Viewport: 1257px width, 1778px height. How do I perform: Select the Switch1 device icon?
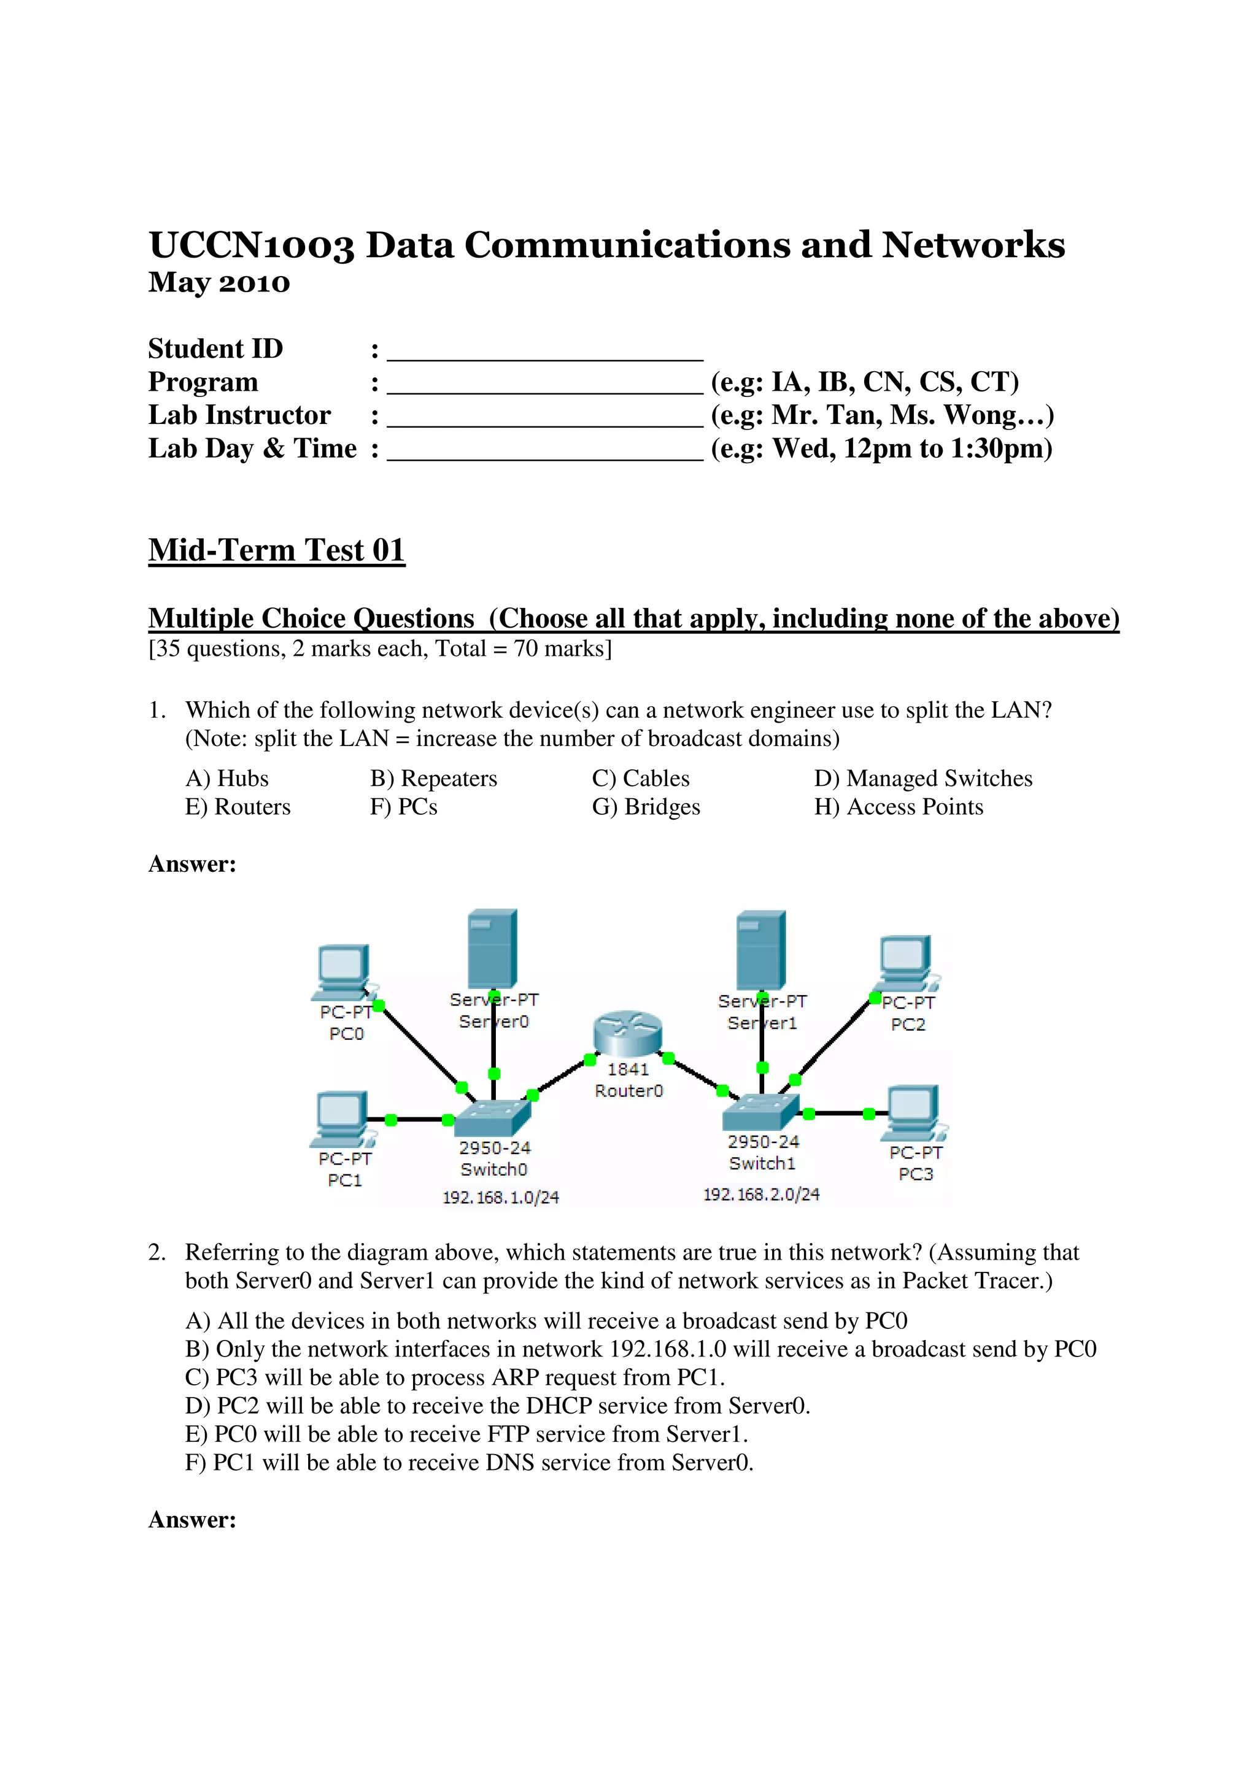pos(760,1113)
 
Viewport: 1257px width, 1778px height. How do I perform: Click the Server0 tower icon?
pos(493,949)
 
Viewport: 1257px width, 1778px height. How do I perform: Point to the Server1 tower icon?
pos(761,950)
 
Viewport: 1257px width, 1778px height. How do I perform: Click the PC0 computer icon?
pos(344,972)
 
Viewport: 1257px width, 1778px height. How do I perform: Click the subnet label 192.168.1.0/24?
pos(500,1197)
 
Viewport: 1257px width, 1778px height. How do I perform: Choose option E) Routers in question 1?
pos(238,807)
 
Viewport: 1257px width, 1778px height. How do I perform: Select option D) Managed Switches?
pos(923,779)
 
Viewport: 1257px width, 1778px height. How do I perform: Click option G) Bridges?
pos(646,807)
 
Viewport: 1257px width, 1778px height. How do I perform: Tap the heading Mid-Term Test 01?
pos(276,550)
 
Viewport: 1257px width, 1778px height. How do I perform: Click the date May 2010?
pos(219,283)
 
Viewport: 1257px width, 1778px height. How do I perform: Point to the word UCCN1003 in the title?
pos(252,245)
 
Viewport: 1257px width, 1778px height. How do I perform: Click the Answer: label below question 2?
pos(192,1519)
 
